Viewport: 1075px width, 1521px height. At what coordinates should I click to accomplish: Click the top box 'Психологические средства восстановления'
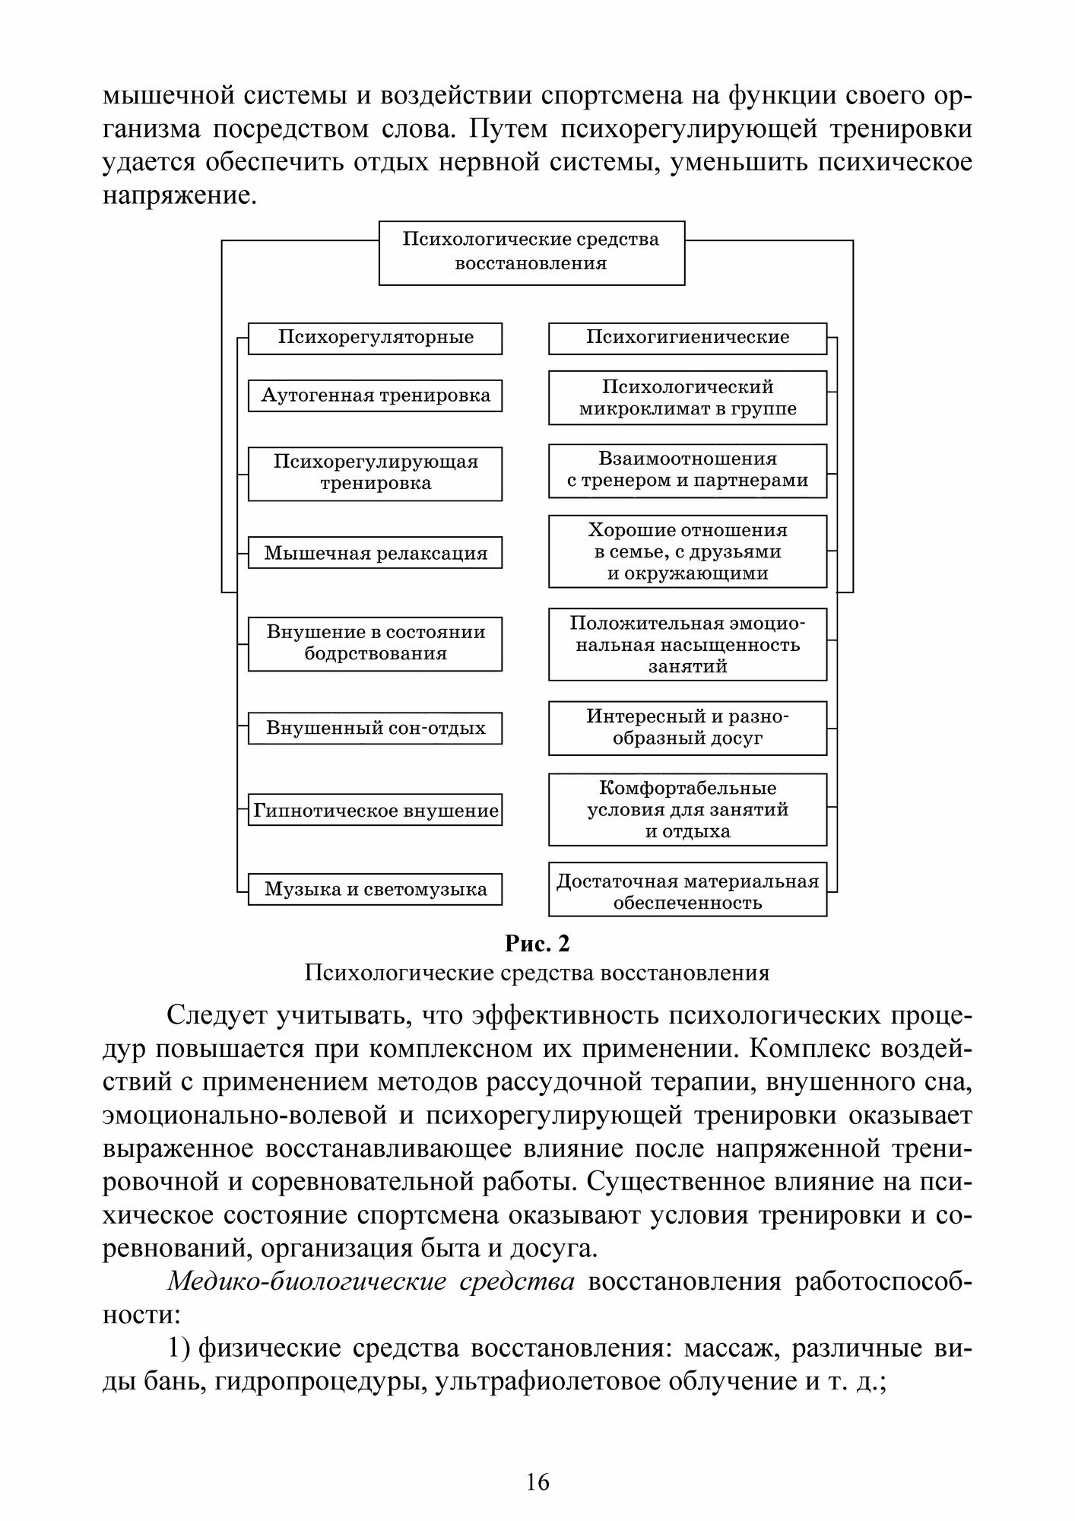click(531, 252)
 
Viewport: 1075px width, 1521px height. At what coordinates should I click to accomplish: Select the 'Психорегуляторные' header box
click(375, 338)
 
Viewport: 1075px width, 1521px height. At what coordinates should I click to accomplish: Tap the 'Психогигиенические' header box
click(687, 338)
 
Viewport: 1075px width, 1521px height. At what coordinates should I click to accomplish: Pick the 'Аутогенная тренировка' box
click(375, 395)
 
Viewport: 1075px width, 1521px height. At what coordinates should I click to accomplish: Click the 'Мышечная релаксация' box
click(375, 553)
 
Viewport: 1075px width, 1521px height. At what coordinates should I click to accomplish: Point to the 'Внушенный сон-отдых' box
click(375, 728)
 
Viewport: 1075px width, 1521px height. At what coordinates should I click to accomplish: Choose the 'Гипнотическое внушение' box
click(375, 811)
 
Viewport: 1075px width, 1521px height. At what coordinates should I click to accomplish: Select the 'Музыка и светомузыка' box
click(375, 889)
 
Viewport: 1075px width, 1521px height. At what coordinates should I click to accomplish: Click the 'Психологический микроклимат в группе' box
click(687, 398)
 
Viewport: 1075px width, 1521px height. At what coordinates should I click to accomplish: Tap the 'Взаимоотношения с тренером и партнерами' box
click(687, 470)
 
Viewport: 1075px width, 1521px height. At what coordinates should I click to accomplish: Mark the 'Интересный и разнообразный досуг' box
click(687, 728)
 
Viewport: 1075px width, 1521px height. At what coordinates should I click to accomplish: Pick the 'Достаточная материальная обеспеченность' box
click(687, 892)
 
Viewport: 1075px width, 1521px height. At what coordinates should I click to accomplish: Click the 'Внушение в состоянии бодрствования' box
click(375, 643)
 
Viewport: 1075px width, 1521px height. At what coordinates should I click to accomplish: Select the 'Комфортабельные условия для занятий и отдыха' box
click(687, 809)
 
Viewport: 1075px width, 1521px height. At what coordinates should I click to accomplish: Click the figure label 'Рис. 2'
click(537, 944)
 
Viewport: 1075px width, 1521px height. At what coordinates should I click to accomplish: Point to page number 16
click(537, 1481)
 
